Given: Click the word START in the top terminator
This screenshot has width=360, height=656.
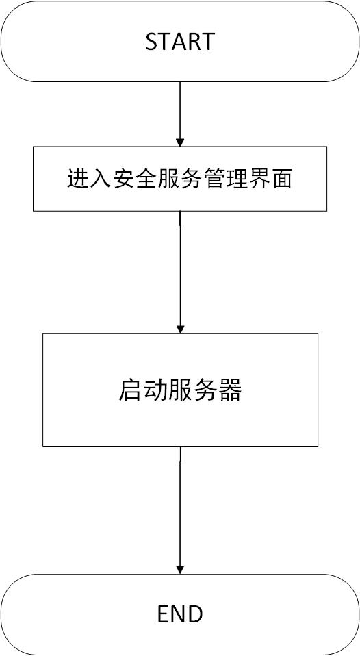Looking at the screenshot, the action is click(180, 42).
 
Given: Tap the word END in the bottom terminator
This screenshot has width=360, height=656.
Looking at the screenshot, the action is click(180, 614).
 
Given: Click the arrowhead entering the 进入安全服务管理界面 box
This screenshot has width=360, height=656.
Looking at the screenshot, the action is click(180, 142).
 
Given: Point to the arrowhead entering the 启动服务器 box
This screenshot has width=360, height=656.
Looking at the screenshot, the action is click(180, 329).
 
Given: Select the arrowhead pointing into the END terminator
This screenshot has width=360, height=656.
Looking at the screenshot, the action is click(180, 569).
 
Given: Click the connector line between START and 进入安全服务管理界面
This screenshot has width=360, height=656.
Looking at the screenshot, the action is click(180, 114).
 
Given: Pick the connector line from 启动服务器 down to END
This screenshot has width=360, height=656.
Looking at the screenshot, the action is click(180, 510).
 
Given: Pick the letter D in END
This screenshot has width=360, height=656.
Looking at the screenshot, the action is click(196, 614).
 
